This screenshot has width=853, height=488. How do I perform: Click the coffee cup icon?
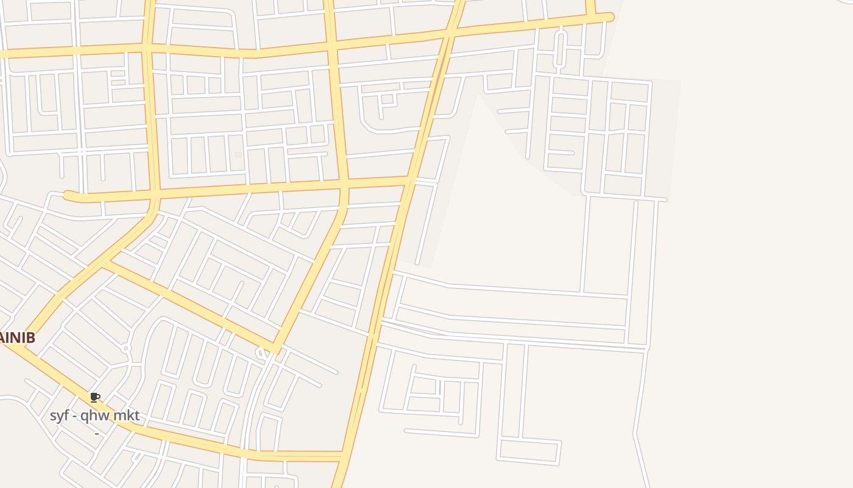[x=94, y=398]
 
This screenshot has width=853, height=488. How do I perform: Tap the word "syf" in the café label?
[x=59, y=416]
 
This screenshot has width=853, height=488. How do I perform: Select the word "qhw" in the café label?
[x=94, y=416]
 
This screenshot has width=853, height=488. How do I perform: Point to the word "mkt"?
[x=126, y=416]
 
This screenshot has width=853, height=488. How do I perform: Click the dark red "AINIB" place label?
[x=17, y=337]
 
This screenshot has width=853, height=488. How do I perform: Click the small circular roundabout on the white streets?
[x=126, y=348]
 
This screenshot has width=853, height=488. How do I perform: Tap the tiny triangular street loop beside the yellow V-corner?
[x=262, y=352]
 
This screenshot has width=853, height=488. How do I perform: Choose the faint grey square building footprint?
[x=238, y=155]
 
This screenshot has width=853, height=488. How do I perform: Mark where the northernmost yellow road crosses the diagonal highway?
[x=451, y=34]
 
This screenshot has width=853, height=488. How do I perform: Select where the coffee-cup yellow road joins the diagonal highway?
[x=343, y=456]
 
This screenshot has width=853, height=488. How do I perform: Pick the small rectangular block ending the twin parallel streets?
[x=528, y=451]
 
